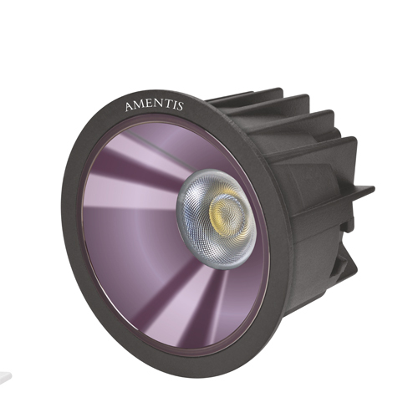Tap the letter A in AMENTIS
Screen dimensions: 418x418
[129, 107]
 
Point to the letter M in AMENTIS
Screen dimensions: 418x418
[139, 105]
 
